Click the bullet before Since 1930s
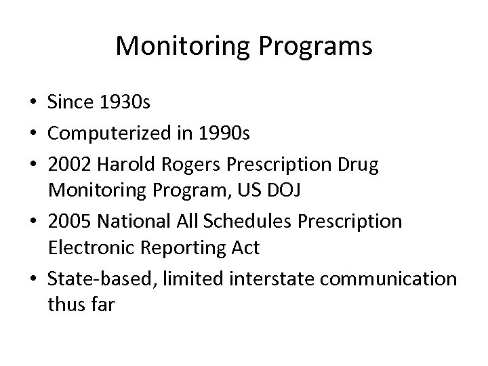pyautogui.click(x=32, y=102)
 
